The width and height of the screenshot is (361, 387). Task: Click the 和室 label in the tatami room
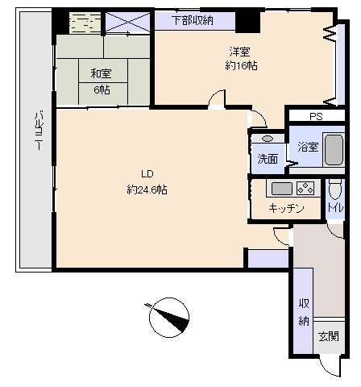click(x=101, y=73)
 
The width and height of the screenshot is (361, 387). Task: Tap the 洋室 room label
click(x=239, y=52)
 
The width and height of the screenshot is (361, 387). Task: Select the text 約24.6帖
click(x=147, y=189)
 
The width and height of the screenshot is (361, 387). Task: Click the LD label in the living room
click(x=147, y=174)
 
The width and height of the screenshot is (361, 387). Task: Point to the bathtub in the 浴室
click(x=334, y=149)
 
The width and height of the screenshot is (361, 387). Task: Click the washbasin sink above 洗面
click(x=268, y=139)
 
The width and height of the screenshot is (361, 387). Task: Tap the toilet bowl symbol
click(x=335, y=189)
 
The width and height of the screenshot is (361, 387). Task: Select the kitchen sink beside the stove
click(x=282, y=189)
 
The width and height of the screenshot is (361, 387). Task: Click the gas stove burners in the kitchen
click(x=305, y=188)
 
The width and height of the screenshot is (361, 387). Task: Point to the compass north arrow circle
click(x=169, y=318)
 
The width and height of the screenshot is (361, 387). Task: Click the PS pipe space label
click(x=316, y=117)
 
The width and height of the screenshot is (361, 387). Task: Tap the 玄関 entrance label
click(x=329, y=336)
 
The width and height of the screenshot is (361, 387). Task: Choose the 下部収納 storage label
click(x=193, y=20)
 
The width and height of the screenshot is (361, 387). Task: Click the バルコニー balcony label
click(x=39, y=131)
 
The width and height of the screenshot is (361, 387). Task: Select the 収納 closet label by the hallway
click(x=304, y=312)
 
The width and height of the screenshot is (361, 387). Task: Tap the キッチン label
click(x=286, y=208)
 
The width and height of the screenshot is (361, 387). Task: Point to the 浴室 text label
click(x=308, y=147)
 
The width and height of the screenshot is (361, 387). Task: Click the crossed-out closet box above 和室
click(x=128, y=23)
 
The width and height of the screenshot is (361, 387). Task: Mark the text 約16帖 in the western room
click(x=241, y=65)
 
